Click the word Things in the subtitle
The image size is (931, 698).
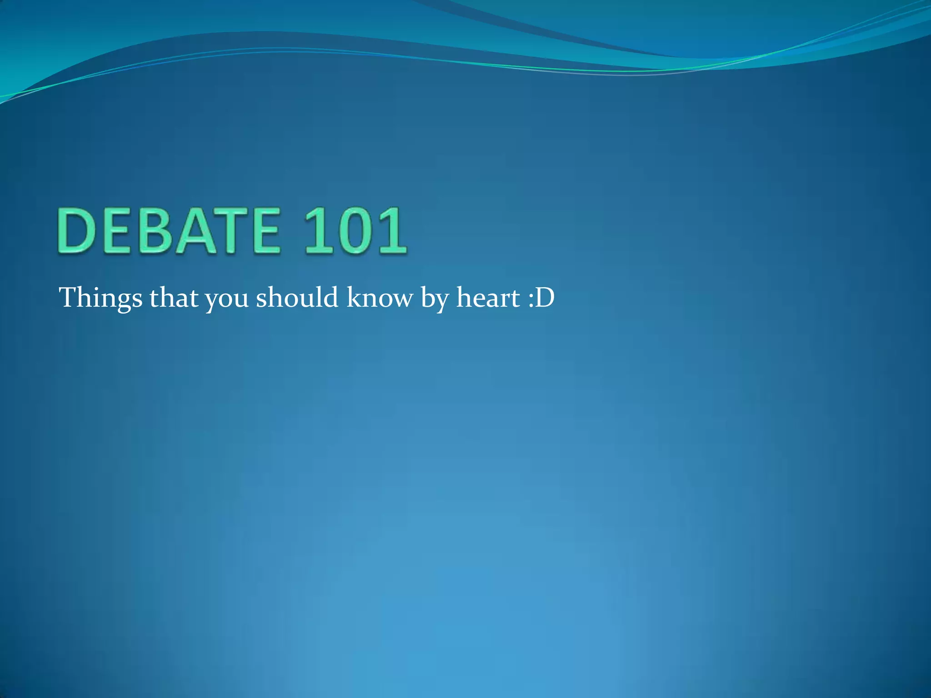(100, 299)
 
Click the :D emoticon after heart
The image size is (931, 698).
(541, 299)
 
